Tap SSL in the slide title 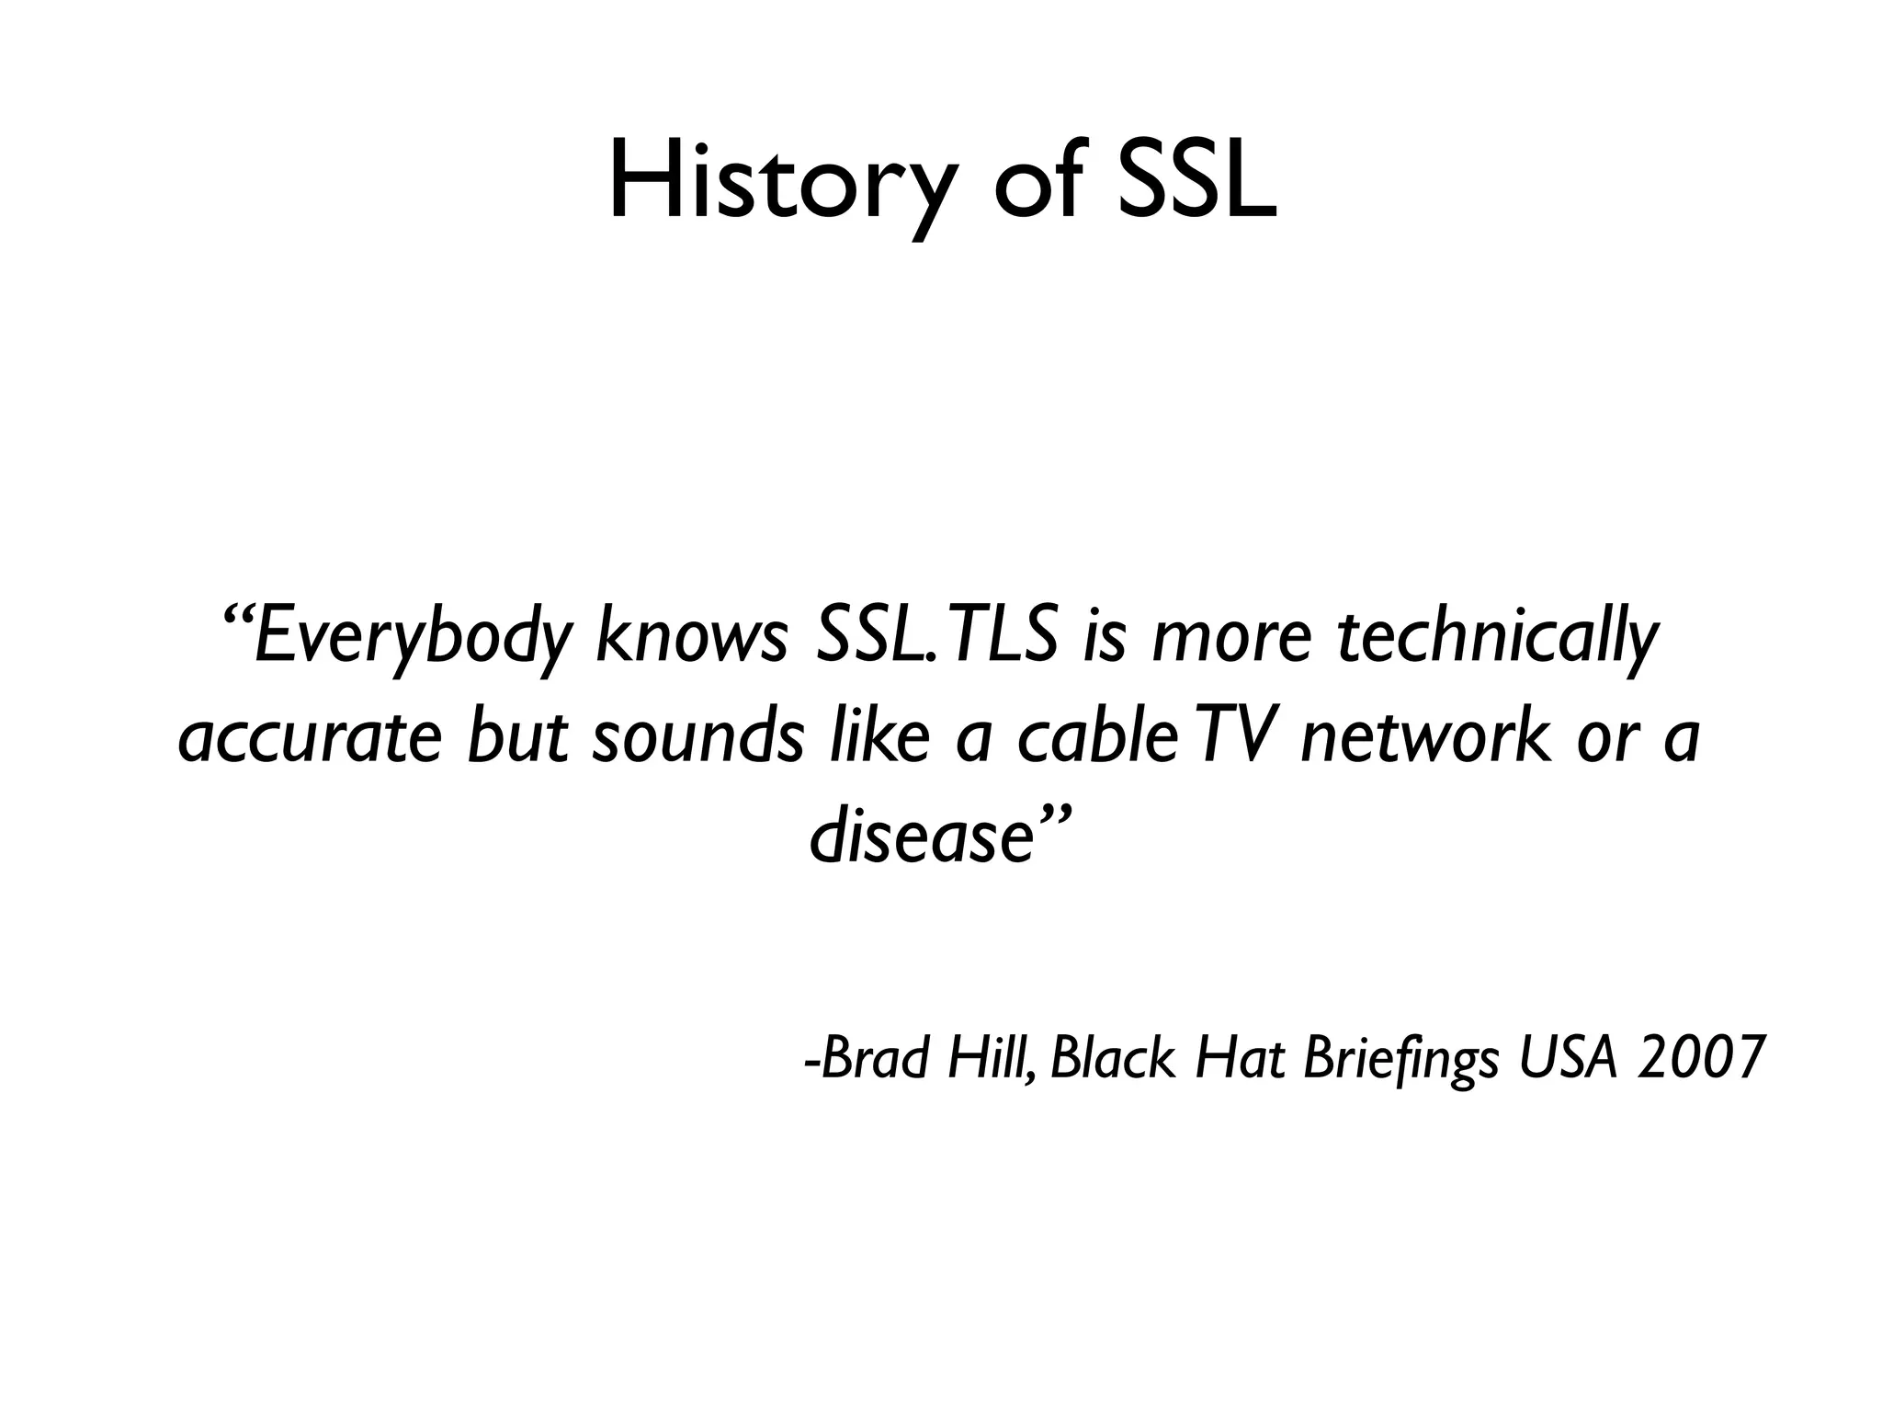1196,182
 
